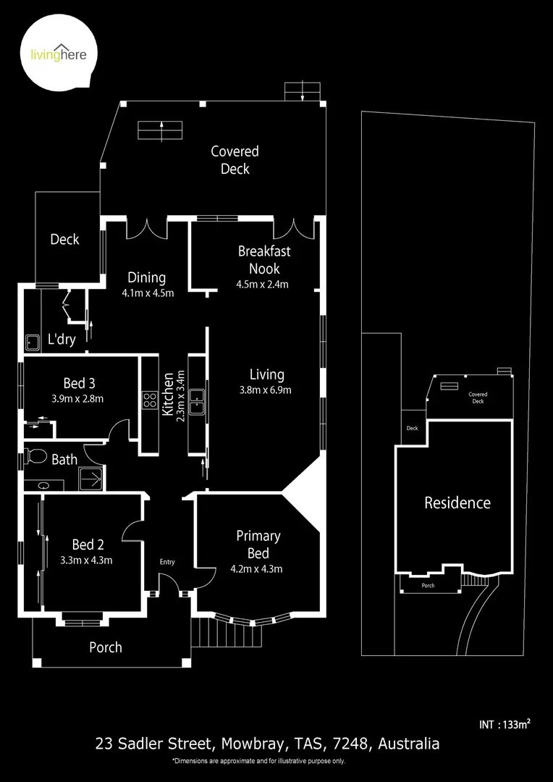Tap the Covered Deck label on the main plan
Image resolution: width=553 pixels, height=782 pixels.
pyautogui.click(x=235, y=160)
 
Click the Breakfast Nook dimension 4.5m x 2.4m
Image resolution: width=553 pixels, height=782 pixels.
pyautogui.click(x=263, y=284)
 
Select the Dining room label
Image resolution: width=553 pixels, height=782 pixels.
pyautogui.click(x=147, y=277)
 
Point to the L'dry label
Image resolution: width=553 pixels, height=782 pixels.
pyautogui.click(x=62, y=339)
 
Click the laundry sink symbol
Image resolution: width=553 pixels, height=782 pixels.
pyautogui.click(x=33, y=342)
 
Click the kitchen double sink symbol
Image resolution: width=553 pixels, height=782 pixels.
pyautogui.click(x=197, y=400)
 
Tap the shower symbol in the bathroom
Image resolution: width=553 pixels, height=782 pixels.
pyautogui.click(x=91, y=478)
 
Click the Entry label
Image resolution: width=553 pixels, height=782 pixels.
pyautogui.click(x=167, y=562)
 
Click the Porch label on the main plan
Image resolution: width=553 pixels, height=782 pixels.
pyautogui.click(x=106, y=647)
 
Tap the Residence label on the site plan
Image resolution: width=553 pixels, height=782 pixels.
pyautogui.click(x=457, y=503)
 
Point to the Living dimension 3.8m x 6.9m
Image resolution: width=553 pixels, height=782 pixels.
pyautogui.click(x=266, y=390)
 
